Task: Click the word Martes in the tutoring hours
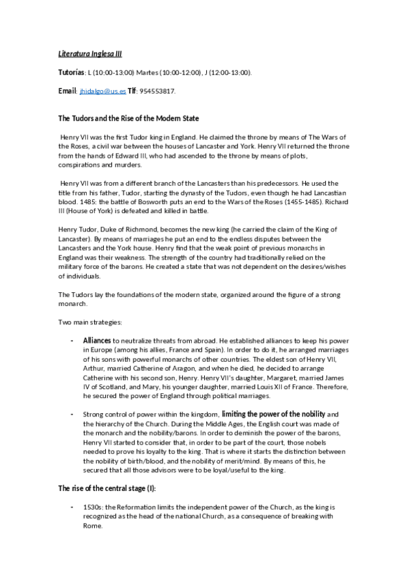[149, 72]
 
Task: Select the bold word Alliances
[97, 339]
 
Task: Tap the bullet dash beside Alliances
[73, 339]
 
